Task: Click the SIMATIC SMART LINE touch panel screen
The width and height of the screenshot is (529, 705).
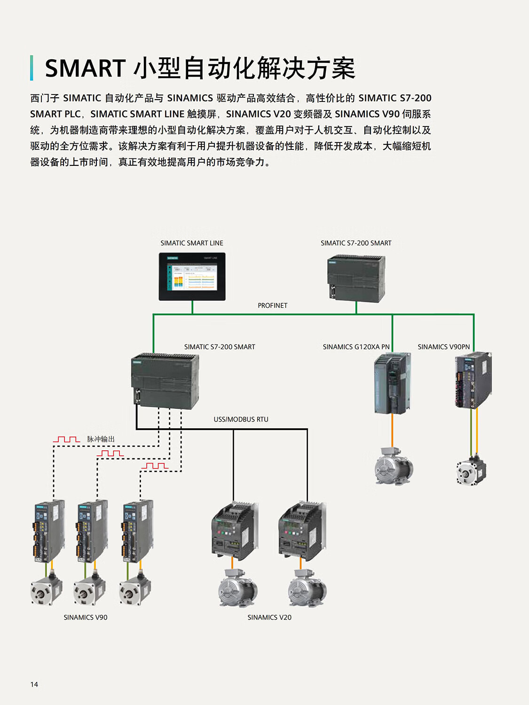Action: tap(192, 276)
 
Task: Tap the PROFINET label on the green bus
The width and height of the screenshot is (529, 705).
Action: tap(272, 305)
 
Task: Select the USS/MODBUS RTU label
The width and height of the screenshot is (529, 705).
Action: tap(241, 419)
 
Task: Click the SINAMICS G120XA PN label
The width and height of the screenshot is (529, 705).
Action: tap(356, 347)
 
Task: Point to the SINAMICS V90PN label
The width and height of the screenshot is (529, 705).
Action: tap(443, 347)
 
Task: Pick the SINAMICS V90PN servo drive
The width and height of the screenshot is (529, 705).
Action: tap(473, 380)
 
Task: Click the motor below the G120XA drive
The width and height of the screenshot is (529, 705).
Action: tap(394, 466)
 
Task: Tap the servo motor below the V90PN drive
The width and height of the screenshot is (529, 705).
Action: tap(471, 471)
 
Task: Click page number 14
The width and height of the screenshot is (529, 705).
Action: tap(34, 684)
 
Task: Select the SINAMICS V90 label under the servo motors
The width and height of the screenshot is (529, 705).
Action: tap(86, 617)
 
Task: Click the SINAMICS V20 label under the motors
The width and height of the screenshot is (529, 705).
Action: tap(269, 617)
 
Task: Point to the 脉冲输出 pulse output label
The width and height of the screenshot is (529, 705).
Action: tap(101, 439)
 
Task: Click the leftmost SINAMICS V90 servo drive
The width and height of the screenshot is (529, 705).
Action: tap(48, 531)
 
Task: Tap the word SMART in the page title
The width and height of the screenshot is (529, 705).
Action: tap(85, 69)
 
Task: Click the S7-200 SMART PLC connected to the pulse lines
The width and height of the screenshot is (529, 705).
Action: tap(165, 381)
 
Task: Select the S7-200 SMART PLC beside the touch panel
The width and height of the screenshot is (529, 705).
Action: tap(356, 278)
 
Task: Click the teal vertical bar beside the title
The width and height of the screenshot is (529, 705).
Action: tap(32, 68)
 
